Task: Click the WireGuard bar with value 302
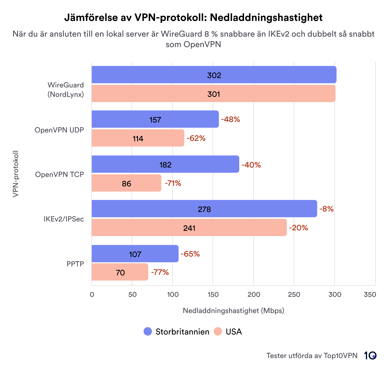(x=214, y=75)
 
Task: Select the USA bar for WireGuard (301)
(x=213, y=94)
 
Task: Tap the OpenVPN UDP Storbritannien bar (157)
(x=155, y=119)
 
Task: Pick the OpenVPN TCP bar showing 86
(x=126, y=183)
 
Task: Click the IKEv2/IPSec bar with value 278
(x=204, y=209)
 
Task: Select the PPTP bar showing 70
(x=120, y=272)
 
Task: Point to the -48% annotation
(x=230, y=119)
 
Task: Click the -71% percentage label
(x=173, y=183)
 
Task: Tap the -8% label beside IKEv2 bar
(x=326, y=209)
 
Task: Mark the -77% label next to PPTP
(x=160, y=272)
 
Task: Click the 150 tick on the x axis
(x=213, y=294)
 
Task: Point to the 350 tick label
(x=370, y=294)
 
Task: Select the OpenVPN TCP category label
(x=59, y=174)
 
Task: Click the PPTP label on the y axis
(x=75, y=264)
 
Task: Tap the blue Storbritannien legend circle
(x=148, y=331)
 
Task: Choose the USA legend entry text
(x=234, y=332)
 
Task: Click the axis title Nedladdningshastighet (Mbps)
(x=233, y=311)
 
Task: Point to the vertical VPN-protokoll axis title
(x=16, y=174)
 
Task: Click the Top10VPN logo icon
(x=370, y=355)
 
